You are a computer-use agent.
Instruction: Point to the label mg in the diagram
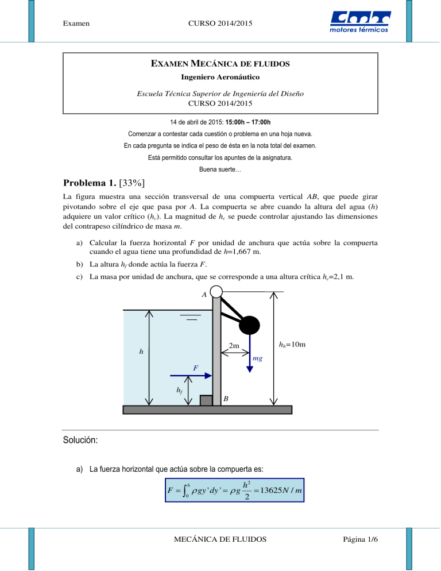pos(258,358)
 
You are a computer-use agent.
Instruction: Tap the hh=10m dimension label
pos(291,345)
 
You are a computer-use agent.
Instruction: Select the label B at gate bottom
pos(226,398)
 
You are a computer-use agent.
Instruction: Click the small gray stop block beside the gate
pos(206,400)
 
